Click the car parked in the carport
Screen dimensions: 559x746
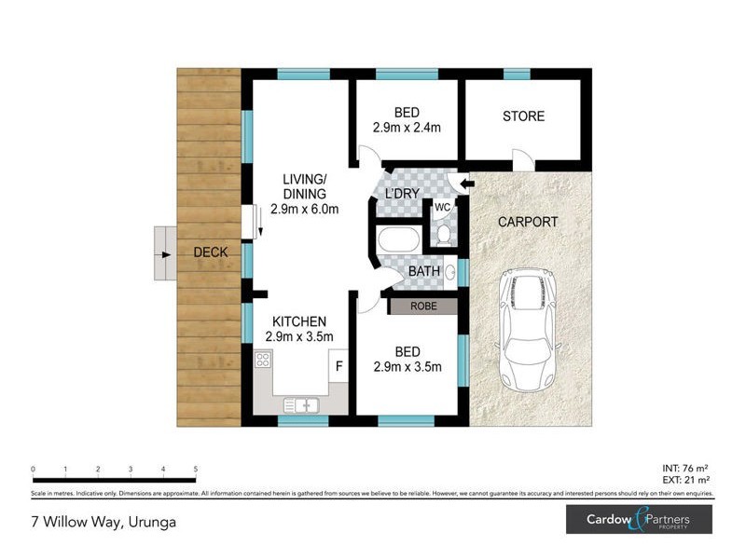[527, 330]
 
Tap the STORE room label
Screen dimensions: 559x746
[523, 116]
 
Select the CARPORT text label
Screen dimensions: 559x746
[527, 222]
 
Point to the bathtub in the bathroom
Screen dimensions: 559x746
[398, 239]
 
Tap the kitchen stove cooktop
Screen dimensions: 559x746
[262, 361]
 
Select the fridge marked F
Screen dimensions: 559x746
[338, 366]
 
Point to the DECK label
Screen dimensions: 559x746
[211, 252]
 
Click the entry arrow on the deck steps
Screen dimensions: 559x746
[165, 253]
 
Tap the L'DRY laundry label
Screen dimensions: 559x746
[401, 194]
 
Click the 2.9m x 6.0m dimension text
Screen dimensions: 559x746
[304, 209]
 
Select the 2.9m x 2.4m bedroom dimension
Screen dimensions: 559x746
[406, 130]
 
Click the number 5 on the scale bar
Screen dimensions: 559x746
[195, 469]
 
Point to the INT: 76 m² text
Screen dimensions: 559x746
[684, 468]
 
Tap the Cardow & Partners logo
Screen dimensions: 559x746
[639, 519]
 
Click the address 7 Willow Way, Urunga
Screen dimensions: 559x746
[104, 522]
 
